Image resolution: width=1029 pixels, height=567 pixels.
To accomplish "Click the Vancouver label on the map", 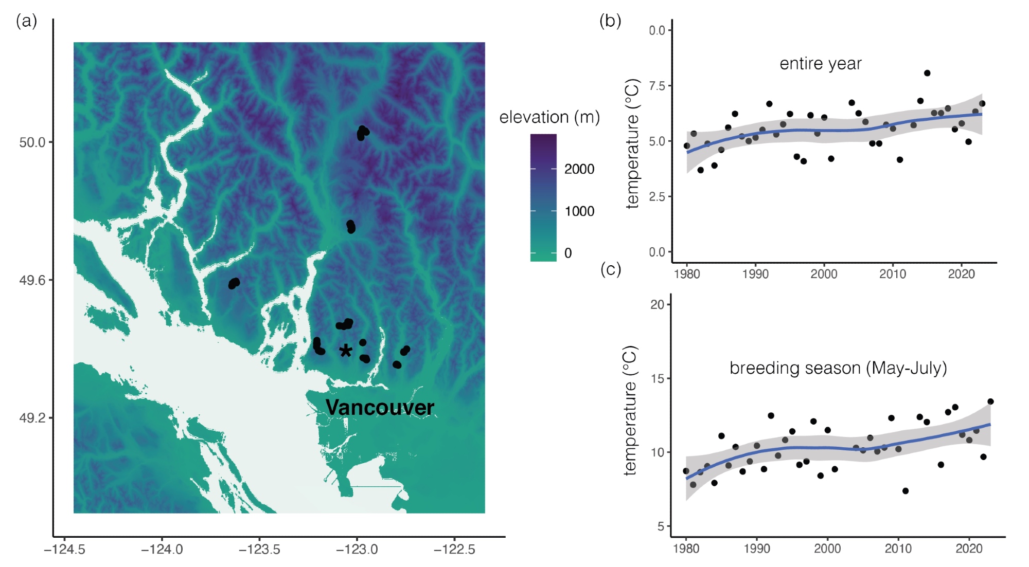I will [x=380, y=408].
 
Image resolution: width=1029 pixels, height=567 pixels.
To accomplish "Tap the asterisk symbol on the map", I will [x=346, y=351].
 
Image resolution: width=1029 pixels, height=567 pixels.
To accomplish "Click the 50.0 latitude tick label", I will [x=32, y=142].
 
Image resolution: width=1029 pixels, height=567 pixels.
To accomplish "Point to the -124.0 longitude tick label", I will [x=162, y=550].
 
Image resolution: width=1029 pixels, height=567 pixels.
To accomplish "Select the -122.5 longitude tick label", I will [x=454, y=550].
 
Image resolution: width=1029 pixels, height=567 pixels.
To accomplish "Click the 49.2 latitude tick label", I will [x=32, y=418].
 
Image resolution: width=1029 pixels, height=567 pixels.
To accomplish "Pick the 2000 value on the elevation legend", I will [x=579, y=169].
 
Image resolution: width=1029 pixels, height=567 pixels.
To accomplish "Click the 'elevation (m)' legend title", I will [x=549, y=117].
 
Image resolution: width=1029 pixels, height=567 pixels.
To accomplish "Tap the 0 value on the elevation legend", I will [x=568, y=253].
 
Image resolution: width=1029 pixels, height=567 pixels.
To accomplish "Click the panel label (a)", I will [x=27, y=21].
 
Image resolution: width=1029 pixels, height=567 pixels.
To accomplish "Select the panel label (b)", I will [x=610, y=21].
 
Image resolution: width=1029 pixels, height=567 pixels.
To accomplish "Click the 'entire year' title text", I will [x=820, y=64].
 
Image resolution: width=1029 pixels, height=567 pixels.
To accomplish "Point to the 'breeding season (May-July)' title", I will [x=838, y=368].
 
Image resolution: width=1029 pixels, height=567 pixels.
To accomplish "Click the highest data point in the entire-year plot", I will [x=927, y=73].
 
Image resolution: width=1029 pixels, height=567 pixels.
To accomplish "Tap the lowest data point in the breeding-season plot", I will [x=906, y=491].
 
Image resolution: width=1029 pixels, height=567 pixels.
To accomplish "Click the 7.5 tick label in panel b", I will [x=657, y=86].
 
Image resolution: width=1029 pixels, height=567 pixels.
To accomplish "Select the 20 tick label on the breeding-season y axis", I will [x=657, y=305].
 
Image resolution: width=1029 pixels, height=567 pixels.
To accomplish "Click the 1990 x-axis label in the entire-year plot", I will [x=755, y=274].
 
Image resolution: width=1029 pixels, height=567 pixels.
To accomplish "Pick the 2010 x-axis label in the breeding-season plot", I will [x=898, y=548].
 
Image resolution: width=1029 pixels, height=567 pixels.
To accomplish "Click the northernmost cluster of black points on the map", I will [x=362, y=133].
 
